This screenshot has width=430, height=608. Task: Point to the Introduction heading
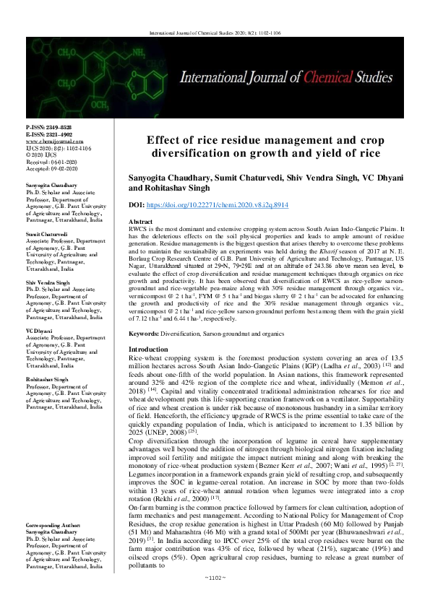click(x=147, y=349)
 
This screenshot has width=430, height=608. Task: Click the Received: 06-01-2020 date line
click(x=48, y=162)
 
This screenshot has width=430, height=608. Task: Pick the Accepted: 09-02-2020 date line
click(x=48, y=168)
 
